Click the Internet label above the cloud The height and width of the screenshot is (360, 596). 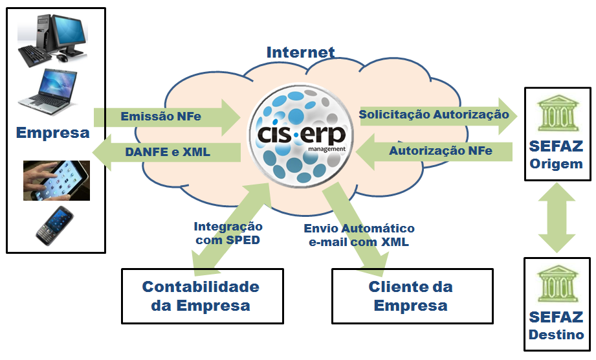[300, 52]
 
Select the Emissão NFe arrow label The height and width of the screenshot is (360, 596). [160, 117]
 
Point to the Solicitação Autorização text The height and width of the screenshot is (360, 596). [434, 115]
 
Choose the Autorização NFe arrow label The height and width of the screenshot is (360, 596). [440, 151]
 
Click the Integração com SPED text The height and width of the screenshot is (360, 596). [228, 233]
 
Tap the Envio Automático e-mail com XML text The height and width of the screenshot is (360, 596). [359, 236]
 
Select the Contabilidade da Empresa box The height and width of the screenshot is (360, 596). [201, 296]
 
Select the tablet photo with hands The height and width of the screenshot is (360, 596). [56, 181]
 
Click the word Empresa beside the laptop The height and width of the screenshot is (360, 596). [53, 133]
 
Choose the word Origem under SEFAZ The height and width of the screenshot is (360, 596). [556, 164]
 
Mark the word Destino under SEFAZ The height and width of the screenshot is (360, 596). [556, 335]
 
